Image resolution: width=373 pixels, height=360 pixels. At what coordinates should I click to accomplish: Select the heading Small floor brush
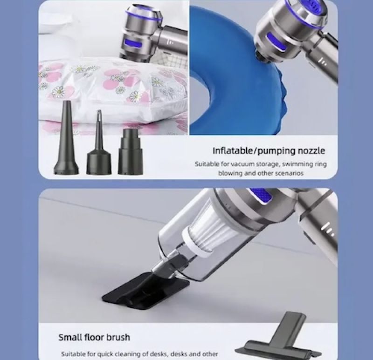pyautogui.click(x=94, y=337)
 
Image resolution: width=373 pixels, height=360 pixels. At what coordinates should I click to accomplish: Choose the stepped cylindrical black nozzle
pyautogui.click(x=131, y=152)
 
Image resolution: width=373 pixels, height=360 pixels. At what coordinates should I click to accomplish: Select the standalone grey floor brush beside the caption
pyautogui.click(x=279, y=338)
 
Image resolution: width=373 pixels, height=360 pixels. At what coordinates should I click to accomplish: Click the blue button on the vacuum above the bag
pyautogui.click(x=133, y=43)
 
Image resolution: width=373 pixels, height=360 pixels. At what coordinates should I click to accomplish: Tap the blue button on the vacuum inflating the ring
pyautogui.click(x=276, y=41)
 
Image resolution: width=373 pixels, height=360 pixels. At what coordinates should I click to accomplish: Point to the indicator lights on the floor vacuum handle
pyautogui.click(x=327, y=229)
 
